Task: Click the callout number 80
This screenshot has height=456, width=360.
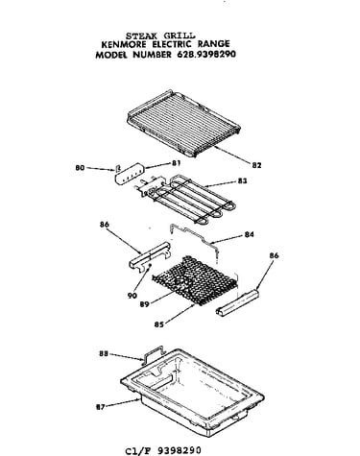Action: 80,168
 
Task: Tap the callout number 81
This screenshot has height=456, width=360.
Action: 176,163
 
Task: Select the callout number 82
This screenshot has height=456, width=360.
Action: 256,165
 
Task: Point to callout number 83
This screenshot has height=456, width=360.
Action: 242,180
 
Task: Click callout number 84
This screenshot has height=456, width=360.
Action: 250,234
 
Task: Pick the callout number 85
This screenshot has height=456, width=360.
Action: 159,324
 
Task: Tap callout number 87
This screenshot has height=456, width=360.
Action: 101,407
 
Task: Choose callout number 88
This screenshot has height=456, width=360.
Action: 104,354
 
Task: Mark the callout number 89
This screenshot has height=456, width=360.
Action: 145,304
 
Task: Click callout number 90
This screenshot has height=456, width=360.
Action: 132,296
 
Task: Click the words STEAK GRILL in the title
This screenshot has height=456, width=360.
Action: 160,36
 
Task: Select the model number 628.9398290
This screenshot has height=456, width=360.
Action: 206,54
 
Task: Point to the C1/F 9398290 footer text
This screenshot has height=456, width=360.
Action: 163,450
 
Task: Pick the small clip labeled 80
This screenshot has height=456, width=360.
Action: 118,168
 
